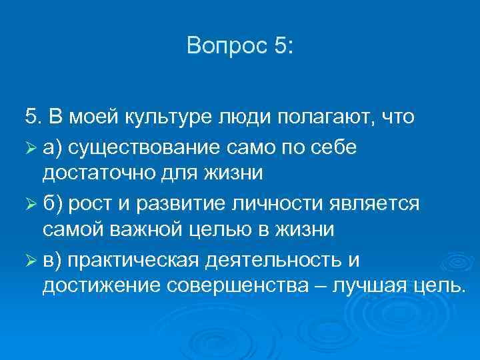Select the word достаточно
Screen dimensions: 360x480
[93, 174]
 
